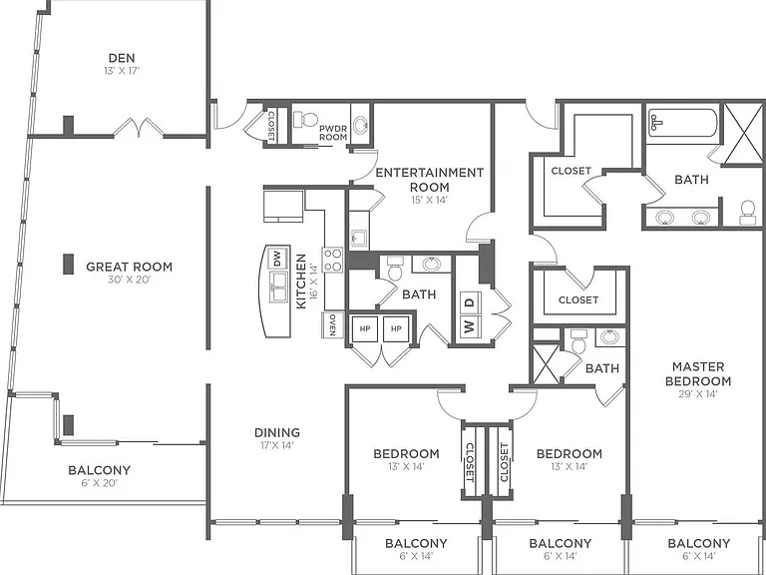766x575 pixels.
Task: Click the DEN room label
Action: [122, 59]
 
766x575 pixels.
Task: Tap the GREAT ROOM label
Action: [129, 267]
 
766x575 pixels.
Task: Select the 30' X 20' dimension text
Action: [129, 281]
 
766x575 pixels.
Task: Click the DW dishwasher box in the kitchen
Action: [277, 259]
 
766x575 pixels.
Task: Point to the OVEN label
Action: [332, 324]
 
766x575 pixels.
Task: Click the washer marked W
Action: [470, 326]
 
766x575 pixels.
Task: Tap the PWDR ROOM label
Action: [333, 133]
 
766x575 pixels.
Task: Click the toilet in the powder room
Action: [305, 120]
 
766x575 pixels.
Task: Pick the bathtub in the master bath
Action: [682, 123]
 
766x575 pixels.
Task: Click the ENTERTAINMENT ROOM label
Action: [430, 180]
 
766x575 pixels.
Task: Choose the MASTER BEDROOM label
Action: [698, 373]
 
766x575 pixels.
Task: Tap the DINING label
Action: [277, 432]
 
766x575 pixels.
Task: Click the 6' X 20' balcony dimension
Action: [99, 483]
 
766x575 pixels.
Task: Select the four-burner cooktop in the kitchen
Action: [332, 260]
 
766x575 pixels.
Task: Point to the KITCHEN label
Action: [301, 281]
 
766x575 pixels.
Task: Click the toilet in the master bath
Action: [747, 213]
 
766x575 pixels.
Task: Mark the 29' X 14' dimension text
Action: [698, 394]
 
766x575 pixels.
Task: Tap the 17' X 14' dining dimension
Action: [277, 445]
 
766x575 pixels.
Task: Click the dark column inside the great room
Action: [69, 264]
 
